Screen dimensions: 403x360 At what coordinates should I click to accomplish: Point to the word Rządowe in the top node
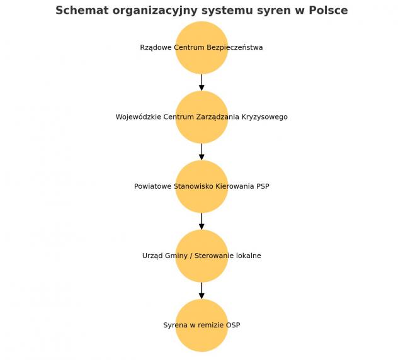156,48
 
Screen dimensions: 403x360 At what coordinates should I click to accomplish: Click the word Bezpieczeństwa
235,48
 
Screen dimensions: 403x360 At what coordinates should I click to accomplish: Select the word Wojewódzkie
139,117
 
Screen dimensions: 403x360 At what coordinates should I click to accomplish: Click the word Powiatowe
152,186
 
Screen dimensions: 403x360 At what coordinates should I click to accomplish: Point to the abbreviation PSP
263,186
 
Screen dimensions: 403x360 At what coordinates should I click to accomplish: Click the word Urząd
152,256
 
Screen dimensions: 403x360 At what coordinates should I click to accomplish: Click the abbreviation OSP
233,325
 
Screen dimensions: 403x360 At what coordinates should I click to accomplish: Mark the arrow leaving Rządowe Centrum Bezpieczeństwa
201,82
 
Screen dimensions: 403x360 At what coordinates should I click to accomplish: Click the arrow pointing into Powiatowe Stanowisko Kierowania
201,152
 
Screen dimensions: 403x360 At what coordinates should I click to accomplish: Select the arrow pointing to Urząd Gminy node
201,222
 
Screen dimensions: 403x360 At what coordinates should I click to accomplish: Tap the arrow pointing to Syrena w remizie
201,291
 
